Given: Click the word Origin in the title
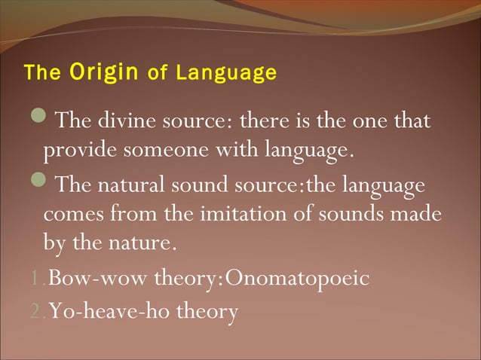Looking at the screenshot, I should (x=104, y=73).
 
